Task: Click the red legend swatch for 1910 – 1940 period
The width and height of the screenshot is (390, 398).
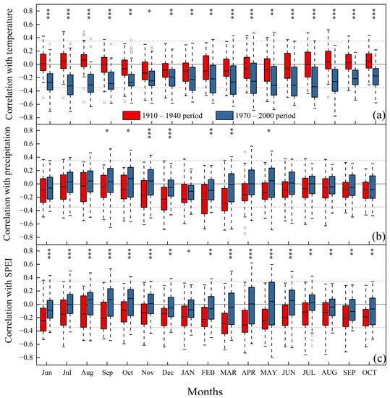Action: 131,114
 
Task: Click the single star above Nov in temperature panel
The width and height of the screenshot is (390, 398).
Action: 149,12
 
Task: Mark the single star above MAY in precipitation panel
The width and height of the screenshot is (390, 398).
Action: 268,132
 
